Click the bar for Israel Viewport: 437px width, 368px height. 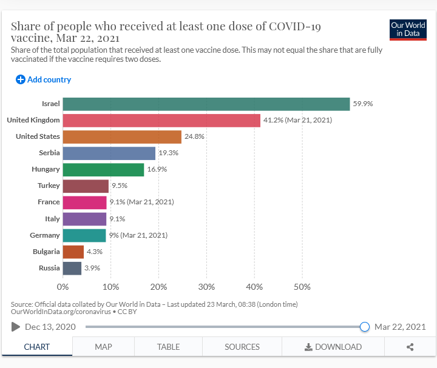(206, 104)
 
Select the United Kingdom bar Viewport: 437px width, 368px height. (161, 120)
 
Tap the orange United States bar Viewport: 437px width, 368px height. (122, 136)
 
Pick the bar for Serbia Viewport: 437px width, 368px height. (109, 153)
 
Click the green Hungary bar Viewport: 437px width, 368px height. (103, 170)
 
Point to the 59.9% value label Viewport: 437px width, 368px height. (363, 104)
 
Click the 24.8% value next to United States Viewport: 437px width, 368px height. (194, 136)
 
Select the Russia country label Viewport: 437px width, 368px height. (49, 268)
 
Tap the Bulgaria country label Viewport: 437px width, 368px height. (46, 252)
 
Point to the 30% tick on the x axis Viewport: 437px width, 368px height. (206, 287)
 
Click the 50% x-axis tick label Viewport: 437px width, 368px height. (302, 287)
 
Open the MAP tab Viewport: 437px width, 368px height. (103, 347)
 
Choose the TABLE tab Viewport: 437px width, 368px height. (168, 347)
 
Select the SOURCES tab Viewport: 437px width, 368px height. (242, 347)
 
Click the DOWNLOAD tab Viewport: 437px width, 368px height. (333, 347)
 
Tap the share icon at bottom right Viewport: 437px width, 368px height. (410, 347)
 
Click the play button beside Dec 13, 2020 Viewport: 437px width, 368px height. (16, 327)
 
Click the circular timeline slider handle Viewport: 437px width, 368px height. (365, 327)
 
